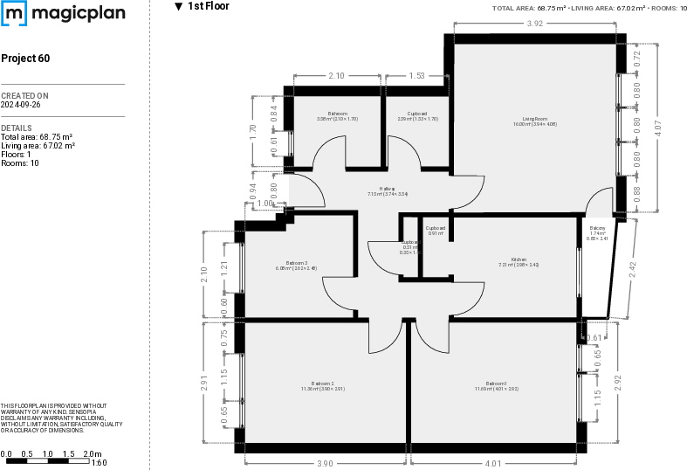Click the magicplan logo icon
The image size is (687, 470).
[x=15, y=13]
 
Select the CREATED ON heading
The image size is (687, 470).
[x=24, y=96]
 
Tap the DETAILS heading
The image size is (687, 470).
[x=17, y=128]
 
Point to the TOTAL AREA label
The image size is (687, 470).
[x=513, y=8]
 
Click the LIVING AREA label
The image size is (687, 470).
[x=591, y=8]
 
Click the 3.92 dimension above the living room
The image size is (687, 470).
[x=535, y=24]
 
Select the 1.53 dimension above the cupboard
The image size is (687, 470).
[x=417, y=77]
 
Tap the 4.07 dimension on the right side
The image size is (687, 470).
[x=658, y=127]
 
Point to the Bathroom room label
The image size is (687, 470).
[x=338, y=114]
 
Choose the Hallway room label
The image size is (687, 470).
[x=388, y=189]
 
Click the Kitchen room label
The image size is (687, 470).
[x=519, y=259]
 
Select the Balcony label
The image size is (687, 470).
[x=598, y=229]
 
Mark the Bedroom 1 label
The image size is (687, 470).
[x=496, y=383]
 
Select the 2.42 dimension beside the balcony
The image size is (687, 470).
[x=633, y=270]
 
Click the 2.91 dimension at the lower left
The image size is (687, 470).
[x=204, y=383]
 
